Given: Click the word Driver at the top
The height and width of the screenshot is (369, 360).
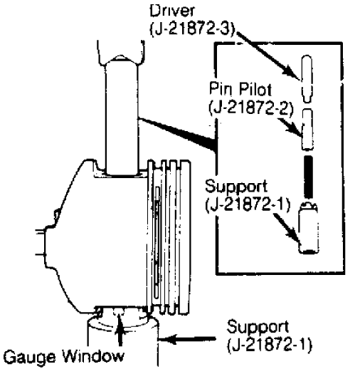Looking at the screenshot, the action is [171, 11].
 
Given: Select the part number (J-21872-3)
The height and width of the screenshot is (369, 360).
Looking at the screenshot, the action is [193, 29].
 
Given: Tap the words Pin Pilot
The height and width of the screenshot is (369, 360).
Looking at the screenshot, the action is [240, 89].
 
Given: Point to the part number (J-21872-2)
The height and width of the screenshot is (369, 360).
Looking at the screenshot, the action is [251, 108].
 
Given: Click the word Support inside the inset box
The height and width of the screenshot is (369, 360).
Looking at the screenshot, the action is [237, 187].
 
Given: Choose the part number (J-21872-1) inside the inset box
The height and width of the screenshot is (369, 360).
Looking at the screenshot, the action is [248, 204].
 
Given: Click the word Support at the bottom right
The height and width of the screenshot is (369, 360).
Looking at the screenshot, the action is [258, 327].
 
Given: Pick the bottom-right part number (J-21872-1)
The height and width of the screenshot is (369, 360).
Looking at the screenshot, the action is [270, 345].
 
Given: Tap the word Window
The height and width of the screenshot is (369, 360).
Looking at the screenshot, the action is [93, 355].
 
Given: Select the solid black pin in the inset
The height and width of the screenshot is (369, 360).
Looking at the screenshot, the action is [308, 177].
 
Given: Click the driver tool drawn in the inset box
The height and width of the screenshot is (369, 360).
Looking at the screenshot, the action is [307, 79].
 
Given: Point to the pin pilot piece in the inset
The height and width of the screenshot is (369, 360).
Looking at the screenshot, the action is [307, 130].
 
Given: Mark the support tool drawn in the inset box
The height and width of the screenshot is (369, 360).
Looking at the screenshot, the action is [308, 228].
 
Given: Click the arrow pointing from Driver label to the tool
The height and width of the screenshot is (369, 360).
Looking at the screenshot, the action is [268, 54].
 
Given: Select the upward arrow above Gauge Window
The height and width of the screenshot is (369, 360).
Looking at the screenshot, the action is [120, 328].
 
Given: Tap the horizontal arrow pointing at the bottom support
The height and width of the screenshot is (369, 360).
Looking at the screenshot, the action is [186, 338].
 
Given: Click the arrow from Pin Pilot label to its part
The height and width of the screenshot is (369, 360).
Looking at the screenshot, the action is [290, 127].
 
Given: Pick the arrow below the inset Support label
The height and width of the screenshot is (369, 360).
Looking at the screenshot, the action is [287, 229].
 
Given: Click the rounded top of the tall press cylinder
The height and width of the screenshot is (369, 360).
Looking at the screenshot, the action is [121, 61].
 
